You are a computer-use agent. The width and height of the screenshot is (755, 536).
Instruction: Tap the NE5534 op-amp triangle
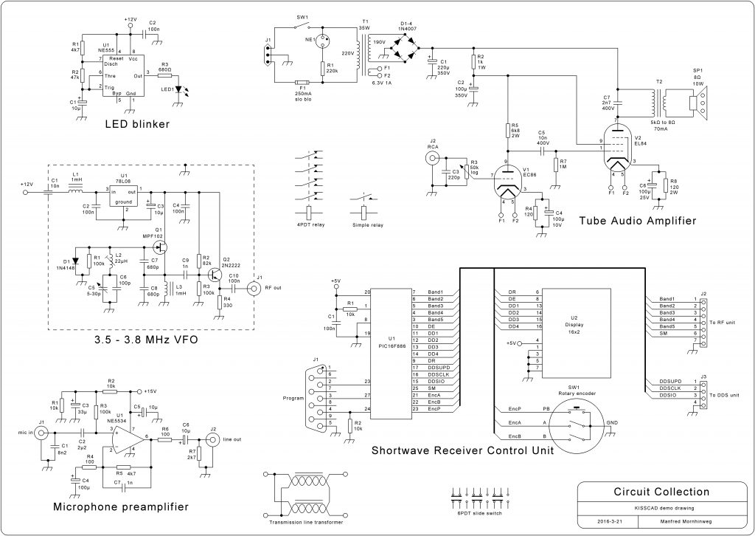tap(123, 439)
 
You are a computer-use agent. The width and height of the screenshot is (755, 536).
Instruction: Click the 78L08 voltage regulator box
tap(125, 195)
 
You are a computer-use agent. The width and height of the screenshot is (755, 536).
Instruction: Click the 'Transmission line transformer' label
tap(305, 522)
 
